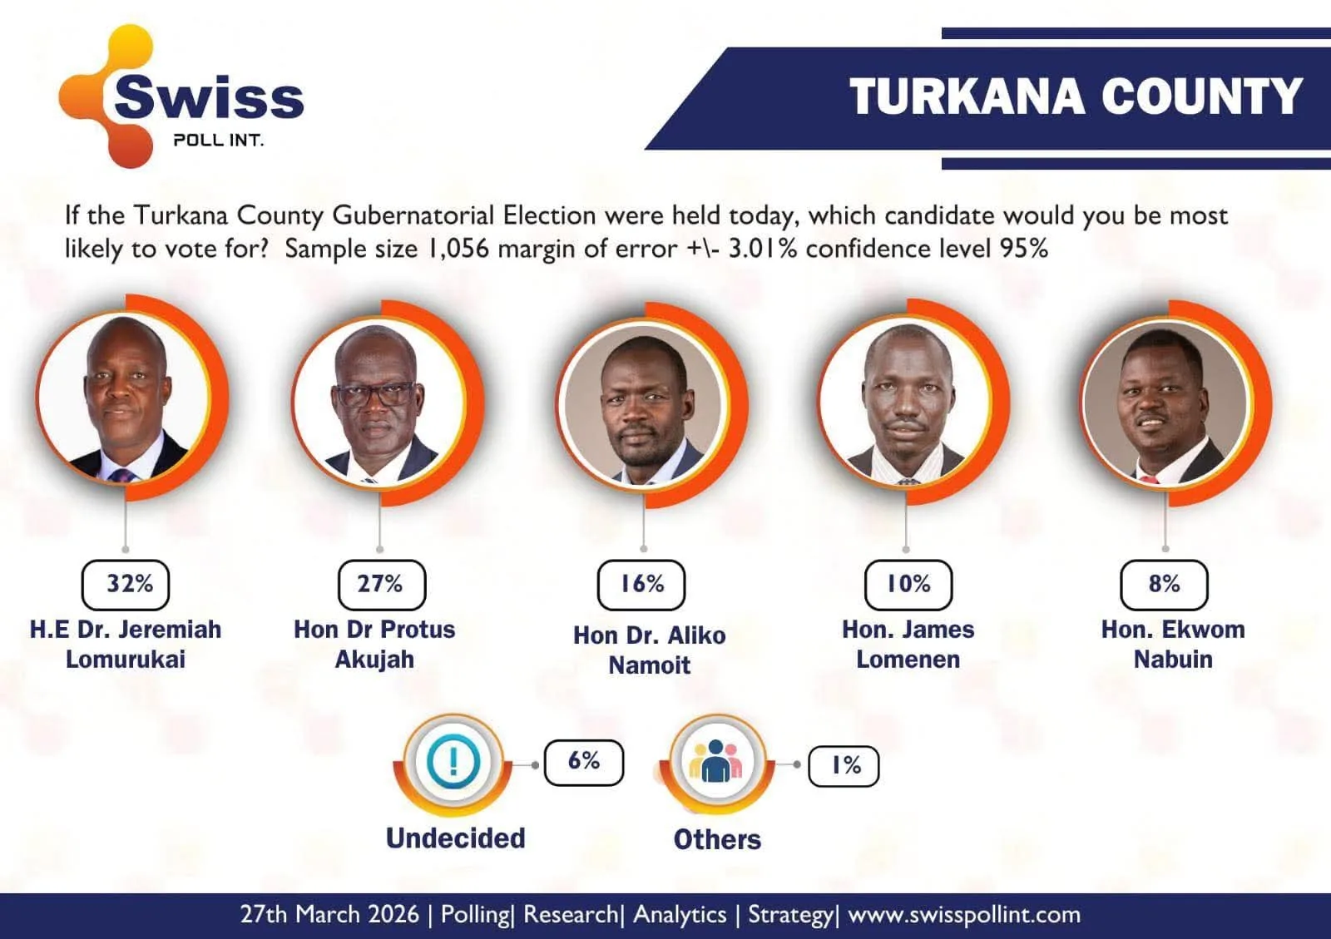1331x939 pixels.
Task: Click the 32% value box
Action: point(126,584)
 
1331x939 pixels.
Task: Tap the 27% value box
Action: point(381,584)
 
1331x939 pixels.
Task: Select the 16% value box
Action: point(641,584)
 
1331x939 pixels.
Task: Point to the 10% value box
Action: point(908,584)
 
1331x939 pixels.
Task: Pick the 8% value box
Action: point(1164,584)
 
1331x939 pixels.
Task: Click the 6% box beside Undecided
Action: point(583,762)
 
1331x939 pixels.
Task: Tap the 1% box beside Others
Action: point(844,765)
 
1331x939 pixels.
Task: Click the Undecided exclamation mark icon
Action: point(453,761)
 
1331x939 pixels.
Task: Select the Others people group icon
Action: point(715,761)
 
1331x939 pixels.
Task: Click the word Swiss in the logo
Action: point(209,96)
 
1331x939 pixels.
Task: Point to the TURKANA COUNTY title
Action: point(1075,96)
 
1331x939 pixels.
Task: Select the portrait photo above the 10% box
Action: point(905,403)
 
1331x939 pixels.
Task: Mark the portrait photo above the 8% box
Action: point(1166,404)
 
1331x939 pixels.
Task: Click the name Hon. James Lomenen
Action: point(908,644)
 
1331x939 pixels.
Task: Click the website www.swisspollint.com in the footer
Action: point(964,915)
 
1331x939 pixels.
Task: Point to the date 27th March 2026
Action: point(329,915)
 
